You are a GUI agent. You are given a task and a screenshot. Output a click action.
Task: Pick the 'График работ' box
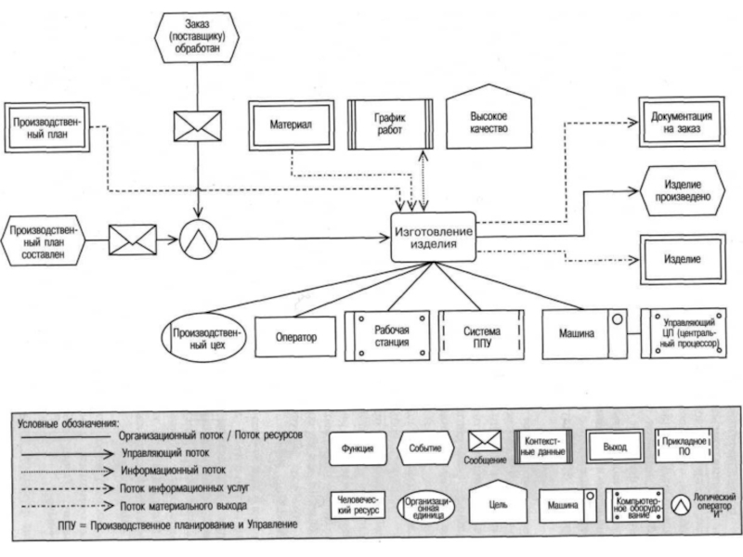(x=390, y=124)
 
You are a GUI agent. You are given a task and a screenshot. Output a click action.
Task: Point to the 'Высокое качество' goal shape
(x=489, y=123)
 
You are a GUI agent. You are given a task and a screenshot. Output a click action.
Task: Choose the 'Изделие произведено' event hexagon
(x=683, y=190)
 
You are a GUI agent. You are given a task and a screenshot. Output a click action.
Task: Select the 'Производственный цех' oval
(x=204, y=337)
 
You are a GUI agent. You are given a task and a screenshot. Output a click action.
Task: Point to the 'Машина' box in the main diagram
(x=583, y=334)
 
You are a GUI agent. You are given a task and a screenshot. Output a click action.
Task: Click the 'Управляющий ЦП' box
(x=688, y=335)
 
